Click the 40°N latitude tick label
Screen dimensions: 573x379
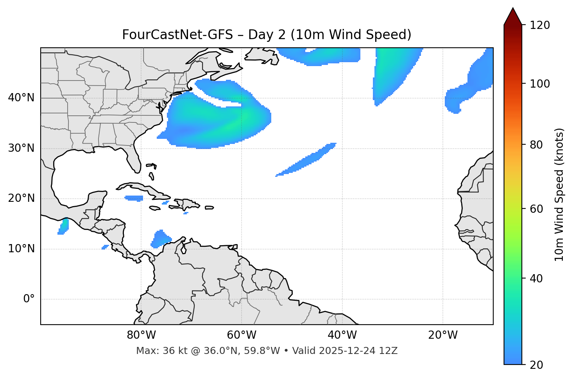click(21, 98)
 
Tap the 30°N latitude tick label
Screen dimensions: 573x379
click(21, 148)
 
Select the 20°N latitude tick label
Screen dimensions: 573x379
click(21, 198)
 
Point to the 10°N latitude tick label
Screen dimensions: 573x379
click(21, 249)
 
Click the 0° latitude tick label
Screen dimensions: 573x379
click(29, 299)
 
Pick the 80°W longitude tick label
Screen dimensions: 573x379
click(141, 335)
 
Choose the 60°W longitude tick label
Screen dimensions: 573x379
click(242, 335)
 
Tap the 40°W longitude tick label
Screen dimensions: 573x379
click(342, 335)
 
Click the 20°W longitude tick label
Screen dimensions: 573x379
click(443, 335)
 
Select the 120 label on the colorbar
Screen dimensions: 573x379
click(540, 25)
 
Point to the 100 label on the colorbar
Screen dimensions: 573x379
click(540, 84)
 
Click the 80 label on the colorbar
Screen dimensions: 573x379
click(537, 145)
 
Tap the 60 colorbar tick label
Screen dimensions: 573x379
click(537, 209)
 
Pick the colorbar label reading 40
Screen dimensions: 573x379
click(537, 279)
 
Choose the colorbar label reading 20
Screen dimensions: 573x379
click(537, 365)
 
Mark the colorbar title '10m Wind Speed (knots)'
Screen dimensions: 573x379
click(559, 194)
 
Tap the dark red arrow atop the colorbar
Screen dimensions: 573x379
click(513, 17)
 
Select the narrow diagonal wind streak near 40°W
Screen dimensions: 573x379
click(307, 160)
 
